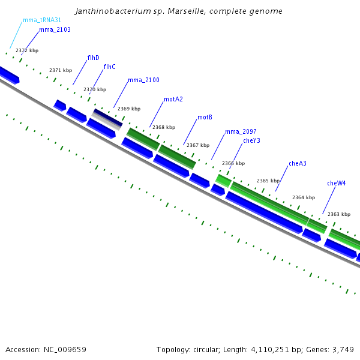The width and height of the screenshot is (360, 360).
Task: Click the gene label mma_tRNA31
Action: [x=42, y=20]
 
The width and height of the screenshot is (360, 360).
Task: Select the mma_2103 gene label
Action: [x=55, y=29]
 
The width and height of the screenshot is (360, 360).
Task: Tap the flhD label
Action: [x=94, y=58]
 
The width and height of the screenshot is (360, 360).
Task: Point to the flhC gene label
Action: [x=109, y=67]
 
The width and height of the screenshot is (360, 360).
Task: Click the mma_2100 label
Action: [x=143, y=80]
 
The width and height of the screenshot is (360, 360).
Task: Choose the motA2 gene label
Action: [x=173, y=99]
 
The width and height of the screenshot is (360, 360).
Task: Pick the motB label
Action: [x=205, y=117]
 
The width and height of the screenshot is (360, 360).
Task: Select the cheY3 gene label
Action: [x=251, y=140]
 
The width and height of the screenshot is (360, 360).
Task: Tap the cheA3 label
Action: [x=298, y=163]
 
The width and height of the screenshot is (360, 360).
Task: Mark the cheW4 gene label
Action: [x=337, y=183]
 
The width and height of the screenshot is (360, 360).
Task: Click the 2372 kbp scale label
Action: [x=27, y=50]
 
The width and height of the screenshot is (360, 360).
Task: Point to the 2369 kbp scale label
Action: [x=129, y=109]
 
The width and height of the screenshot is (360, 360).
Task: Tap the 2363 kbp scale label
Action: [x=339, y=214]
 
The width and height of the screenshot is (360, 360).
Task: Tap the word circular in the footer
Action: [x=206, y=349]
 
